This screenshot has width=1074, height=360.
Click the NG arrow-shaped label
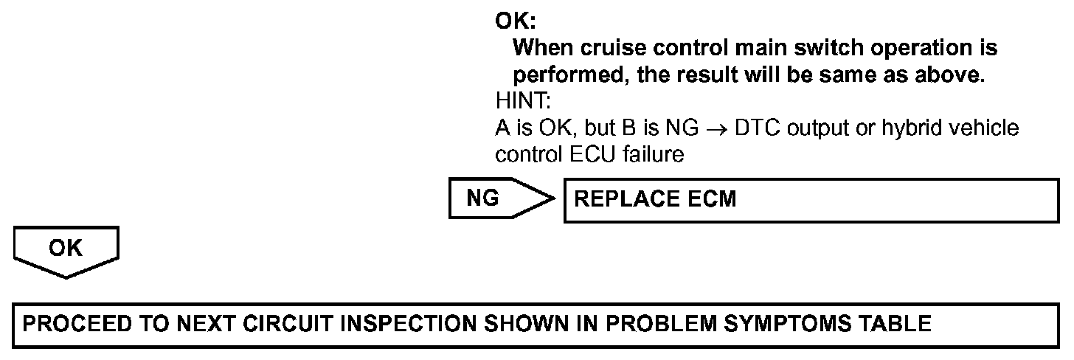(494, 199)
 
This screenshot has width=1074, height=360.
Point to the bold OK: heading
(515, 22)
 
